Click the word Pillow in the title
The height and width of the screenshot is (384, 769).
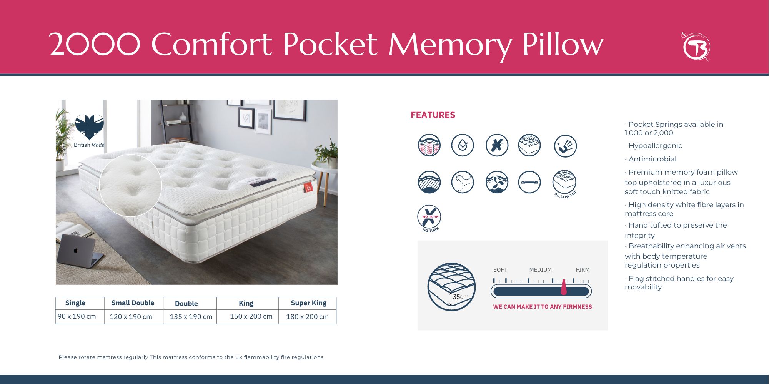point(563,44)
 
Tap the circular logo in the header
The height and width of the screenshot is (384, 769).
point(696,47)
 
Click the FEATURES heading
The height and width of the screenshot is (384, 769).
point(433,115)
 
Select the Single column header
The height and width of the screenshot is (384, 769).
point(75,303)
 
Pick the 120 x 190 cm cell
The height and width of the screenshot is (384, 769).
point(131,317)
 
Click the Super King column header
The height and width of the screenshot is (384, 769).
point(309,303)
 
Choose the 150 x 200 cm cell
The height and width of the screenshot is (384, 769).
point(251,316)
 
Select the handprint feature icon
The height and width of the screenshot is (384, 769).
point(565,146)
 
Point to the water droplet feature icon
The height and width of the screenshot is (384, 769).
point(462,145)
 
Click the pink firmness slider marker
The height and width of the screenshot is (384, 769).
point(564,287)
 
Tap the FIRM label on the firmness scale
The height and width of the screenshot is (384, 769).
point(583,270)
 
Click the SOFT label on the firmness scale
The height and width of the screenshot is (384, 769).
point(500,270)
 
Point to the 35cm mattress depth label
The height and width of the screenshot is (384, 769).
point(460,297)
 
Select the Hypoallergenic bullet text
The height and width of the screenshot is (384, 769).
point(653,146)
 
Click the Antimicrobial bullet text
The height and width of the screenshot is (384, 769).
point(651,159)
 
